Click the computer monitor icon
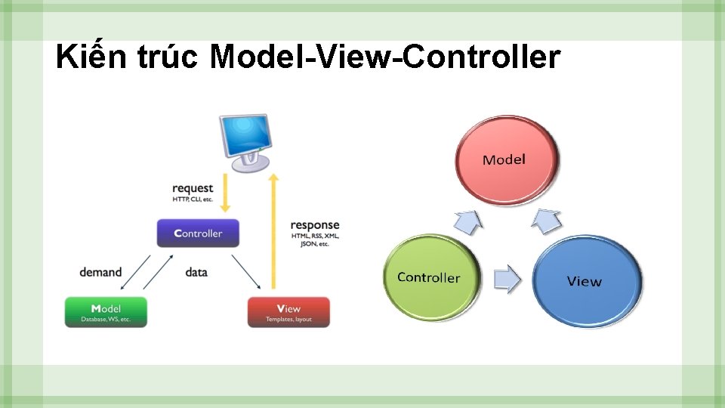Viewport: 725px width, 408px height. click(244, 141)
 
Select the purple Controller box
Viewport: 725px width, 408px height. click(199, 233)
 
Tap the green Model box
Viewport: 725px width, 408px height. click(106, 311)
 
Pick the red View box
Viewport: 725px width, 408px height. click(288, 311)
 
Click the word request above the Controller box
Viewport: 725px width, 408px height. click(193, 188)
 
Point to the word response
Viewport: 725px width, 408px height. click(315, 225)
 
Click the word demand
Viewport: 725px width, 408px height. click(100, 271)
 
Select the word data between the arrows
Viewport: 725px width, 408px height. click(196, 271)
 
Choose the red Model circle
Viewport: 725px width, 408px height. click(506, 159)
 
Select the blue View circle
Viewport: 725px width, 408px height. click(587, 281)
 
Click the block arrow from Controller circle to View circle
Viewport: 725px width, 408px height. click(507, 278)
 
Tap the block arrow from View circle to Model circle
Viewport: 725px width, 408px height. click(546, 221)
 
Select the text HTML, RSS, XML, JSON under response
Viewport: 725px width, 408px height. click(315, 240)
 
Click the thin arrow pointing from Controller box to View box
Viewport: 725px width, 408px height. click(246, 270)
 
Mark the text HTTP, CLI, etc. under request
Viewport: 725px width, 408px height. click(193, 199)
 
